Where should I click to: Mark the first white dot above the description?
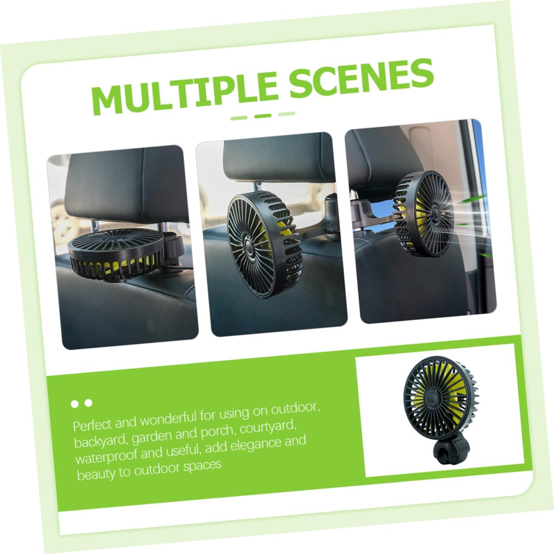point(75,404)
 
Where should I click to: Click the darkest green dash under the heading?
point(263,115)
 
